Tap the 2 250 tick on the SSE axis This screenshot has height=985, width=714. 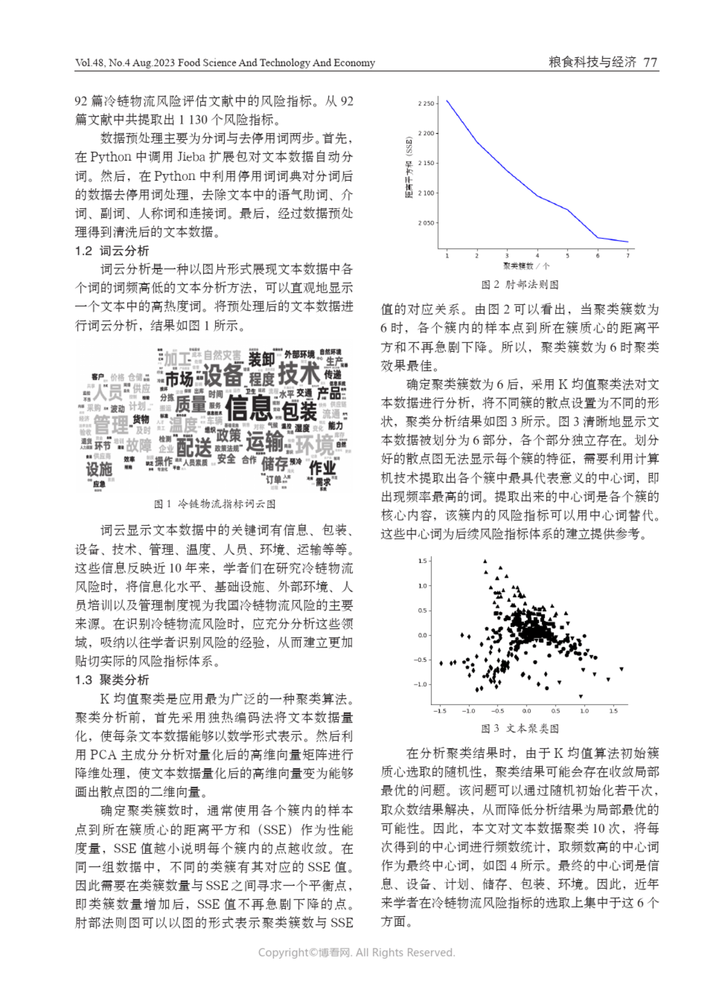(x=425, y=104)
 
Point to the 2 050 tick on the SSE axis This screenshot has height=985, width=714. (x=425, y=223)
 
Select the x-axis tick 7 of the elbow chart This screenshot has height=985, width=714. (x=627, y=256)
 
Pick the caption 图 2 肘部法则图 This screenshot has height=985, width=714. (x=520, y=284)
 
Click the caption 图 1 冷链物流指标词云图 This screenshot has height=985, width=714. (x=215, y=504)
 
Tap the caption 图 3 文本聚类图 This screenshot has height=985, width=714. (x=520, y=728)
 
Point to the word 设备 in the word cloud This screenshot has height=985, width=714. (x=222, y=375)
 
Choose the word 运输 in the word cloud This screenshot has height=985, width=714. (x=265, y=442)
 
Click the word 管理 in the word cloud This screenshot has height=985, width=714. (x=111, y=425)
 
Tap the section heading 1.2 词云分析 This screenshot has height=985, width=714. (x=112, y=250)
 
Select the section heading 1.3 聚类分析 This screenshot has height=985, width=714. (x=112, y=680)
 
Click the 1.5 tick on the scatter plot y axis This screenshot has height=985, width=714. (x=422, y=561)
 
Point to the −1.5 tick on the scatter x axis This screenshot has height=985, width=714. (x=439, y=711)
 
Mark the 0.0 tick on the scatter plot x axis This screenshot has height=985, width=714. (x=526, y=711)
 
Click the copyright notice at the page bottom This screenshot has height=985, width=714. (x=356, y=953)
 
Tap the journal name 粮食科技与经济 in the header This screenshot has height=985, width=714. (x=592, y=62)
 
